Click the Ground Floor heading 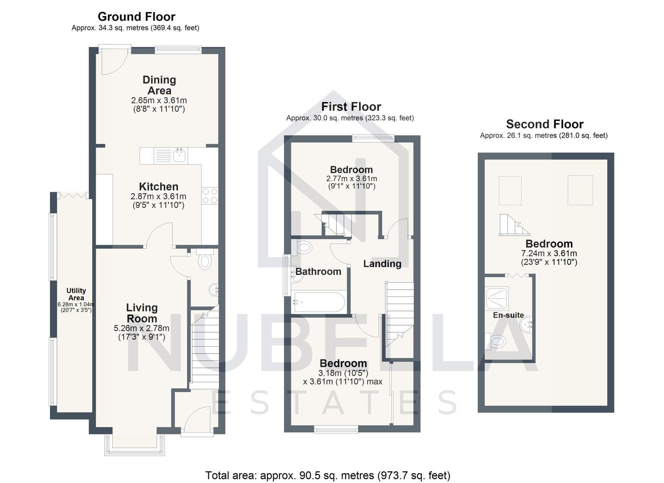click(136, 17)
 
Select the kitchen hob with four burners click(210, 195)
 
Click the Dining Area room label click(159, 85)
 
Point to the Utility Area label click(76, 294)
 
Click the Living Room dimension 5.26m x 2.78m click(142, 328)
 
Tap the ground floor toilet click(205, 261)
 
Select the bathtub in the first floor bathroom click(319, 302)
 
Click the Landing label click(382, 264)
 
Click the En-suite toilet click(497, 342)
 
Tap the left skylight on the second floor click(510, 191)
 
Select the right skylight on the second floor click(580, 190)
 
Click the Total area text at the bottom click(327, 475)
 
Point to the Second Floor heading click(545, 124)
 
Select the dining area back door click(114, 63)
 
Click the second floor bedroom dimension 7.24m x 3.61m click(549, 254)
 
